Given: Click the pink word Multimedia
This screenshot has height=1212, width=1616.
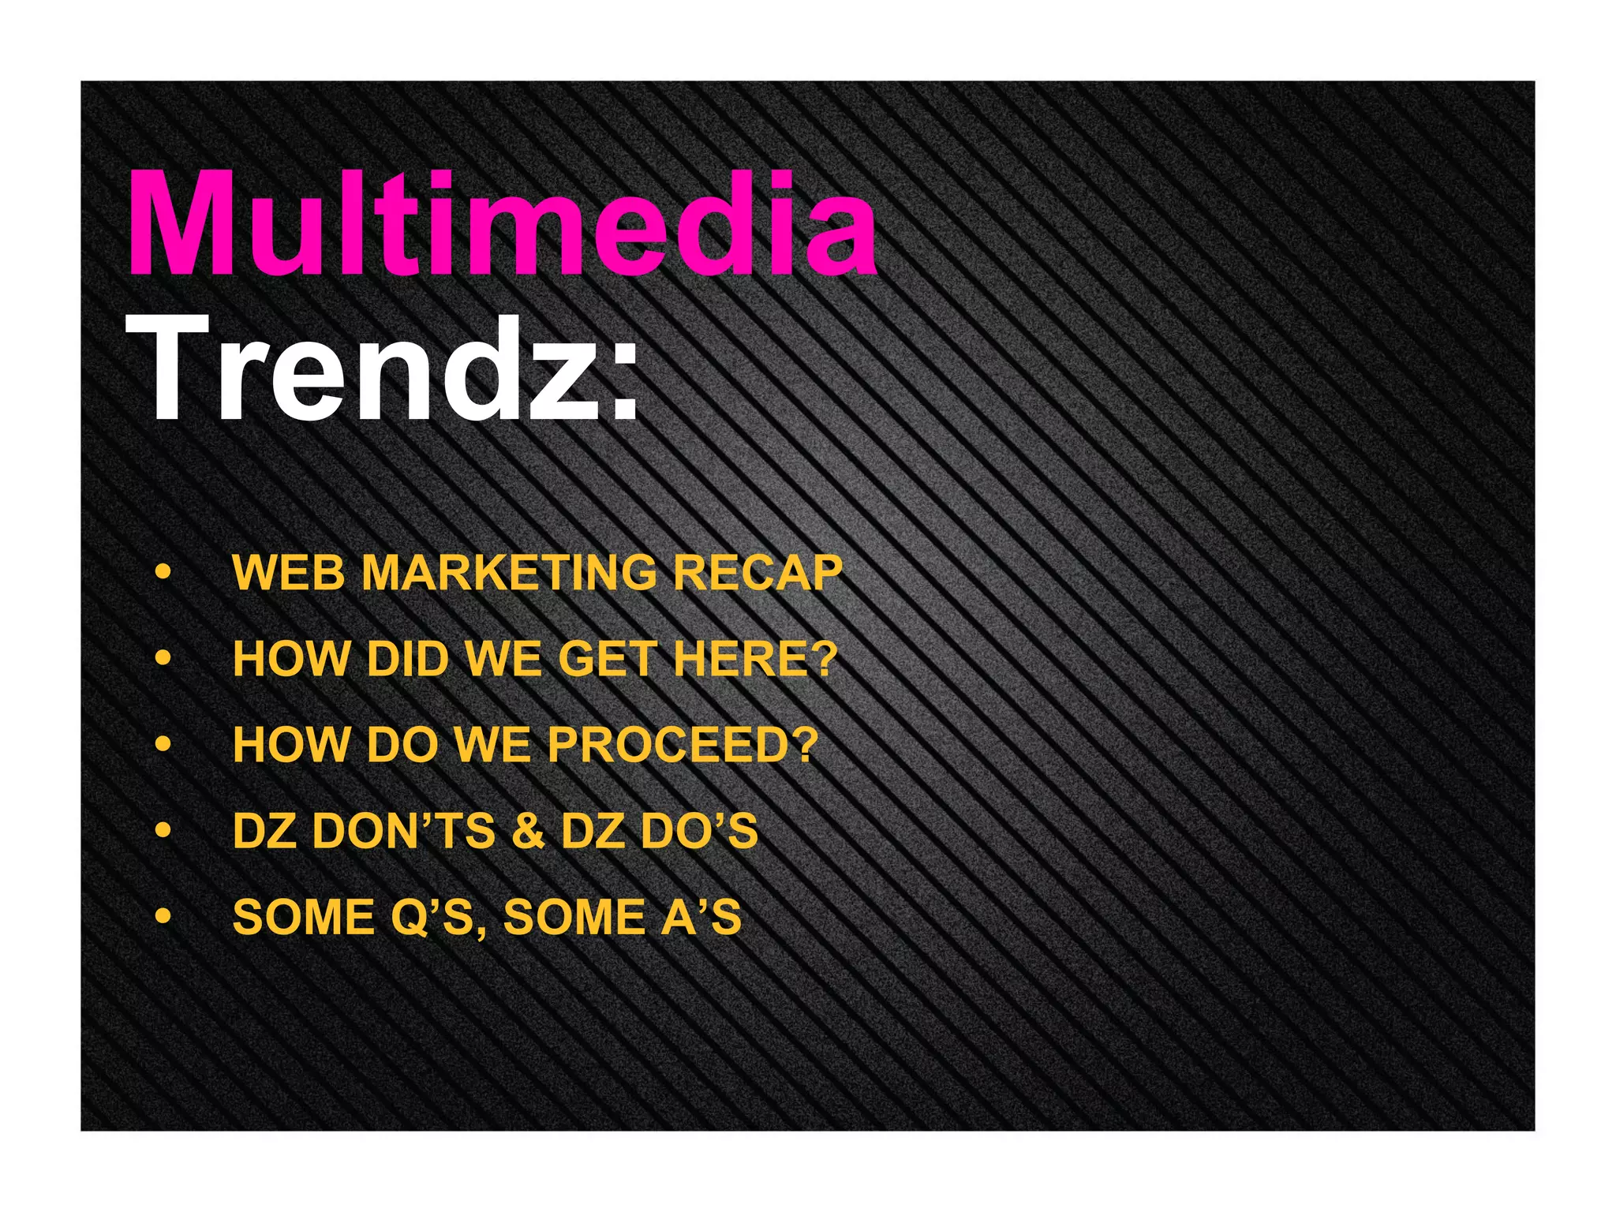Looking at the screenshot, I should coord(502,224).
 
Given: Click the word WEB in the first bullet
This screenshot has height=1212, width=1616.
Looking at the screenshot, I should coord(289,573).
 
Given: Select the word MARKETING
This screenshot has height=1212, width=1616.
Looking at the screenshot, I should coord(509,573).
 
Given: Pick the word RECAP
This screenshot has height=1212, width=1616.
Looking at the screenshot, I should coord(757,573).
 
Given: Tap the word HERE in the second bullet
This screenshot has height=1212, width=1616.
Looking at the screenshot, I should coord(743,659).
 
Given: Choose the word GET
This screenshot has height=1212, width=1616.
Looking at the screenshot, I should coord(608,659).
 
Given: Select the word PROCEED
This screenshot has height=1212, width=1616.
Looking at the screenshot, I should coord(671,745).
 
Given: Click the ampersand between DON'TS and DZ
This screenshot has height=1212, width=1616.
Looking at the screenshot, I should coord(528,832).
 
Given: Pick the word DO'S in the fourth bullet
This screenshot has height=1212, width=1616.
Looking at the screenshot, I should coord(699,832).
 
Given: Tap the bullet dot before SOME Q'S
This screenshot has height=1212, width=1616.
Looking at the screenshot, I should coord(163,916).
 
